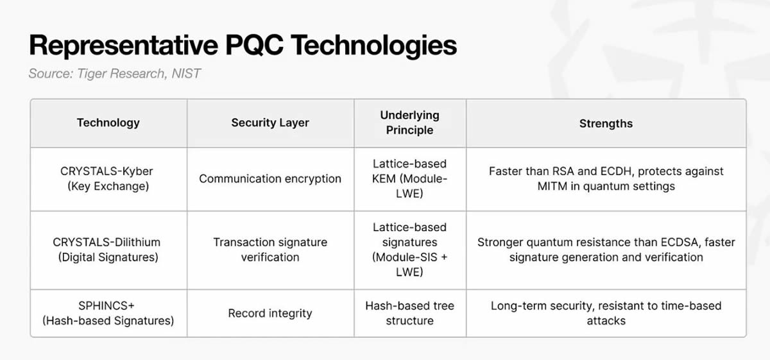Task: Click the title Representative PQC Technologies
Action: (x=243, y=45)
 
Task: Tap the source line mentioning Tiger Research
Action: (x=114, y=73)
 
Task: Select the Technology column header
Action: (x=108, y=123)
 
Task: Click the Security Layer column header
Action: (x=270, y=123)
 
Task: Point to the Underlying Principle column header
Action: (x=410, y=123)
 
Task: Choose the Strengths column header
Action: (x=606, y=123)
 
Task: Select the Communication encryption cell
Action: (x=270, y=179)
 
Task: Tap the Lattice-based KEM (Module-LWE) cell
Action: (x=410, y=179)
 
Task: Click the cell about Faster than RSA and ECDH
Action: (x=606, y=179)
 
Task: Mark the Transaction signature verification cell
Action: (x=270, y=250)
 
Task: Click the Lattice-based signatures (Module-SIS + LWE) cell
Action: (x=410, y=250)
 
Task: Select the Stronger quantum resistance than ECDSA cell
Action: (x=606, y=250)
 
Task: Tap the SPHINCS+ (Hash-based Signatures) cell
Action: (x=108, y=313)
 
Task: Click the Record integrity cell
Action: (x=270, y=313)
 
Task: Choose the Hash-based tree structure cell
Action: (x=410, y=313)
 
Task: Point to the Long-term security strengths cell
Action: (x=606, y=313)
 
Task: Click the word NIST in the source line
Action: (x=186, y=73)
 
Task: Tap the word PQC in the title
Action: (x=255, y=45)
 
